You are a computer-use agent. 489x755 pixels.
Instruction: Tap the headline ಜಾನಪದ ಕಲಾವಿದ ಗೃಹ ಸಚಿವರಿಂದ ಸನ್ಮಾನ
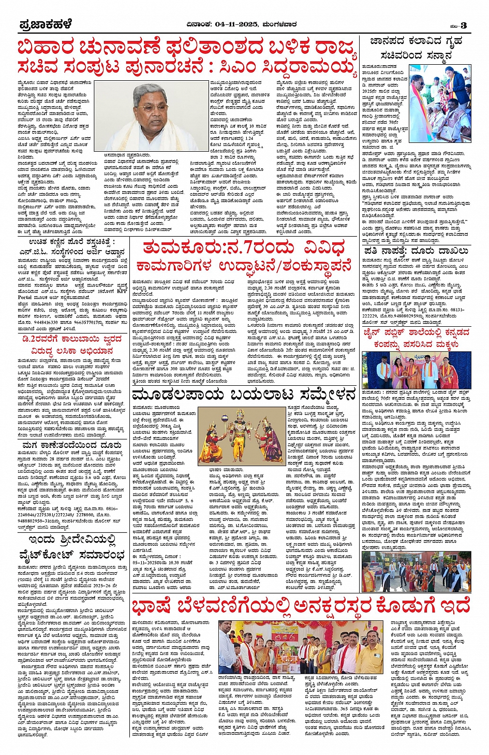coord(416,49)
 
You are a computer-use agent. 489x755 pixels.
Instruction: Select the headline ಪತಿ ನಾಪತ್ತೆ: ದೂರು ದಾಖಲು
coord(416,251)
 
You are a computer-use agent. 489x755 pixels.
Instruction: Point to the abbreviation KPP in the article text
coord(122,291)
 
